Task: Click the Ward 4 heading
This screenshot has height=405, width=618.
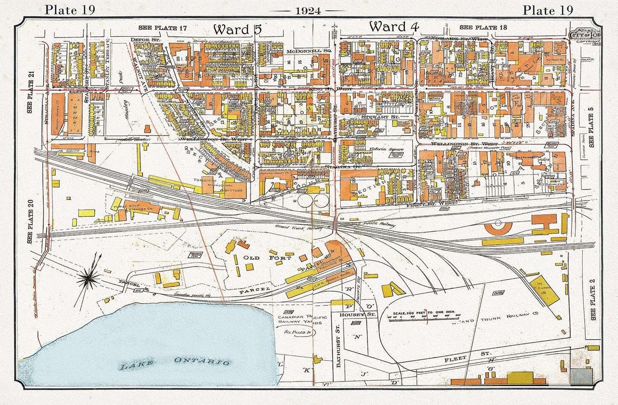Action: pyautogui.click(x=394, y=27)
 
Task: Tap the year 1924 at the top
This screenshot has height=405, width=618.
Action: pyautogui.click(x=308, y=11)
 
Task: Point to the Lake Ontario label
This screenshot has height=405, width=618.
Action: pyautogui.click(x=174, y=363)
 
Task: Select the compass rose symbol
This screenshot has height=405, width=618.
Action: pyautogui.click(x=89, y=279)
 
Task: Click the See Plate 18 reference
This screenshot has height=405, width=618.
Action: pyautogui.click(x=478, y=27)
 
